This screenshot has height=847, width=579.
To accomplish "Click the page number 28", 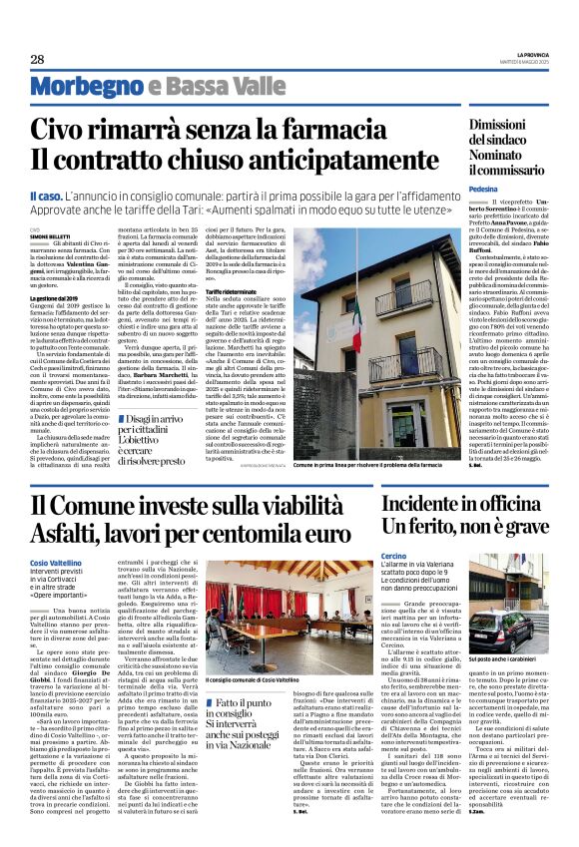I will click(x=37, y=59).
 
